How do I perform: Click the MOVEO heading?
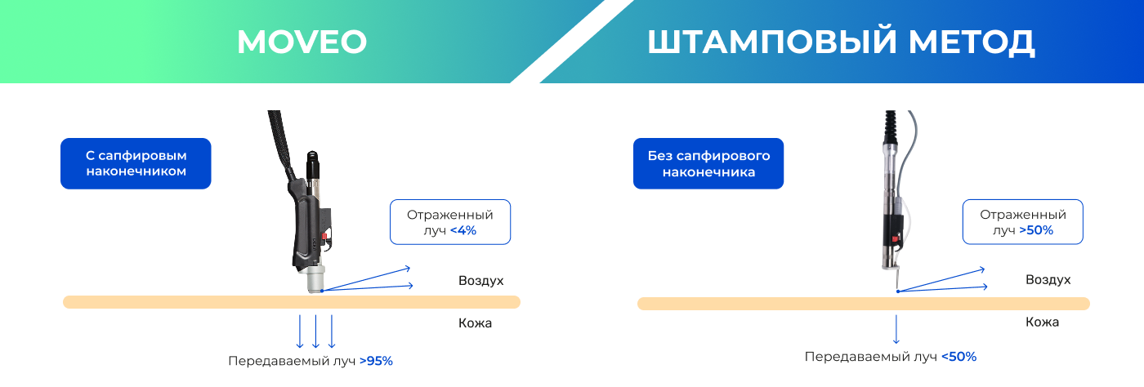click(302, 42)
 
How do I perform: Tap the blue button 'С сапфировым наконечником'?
click(136, 163)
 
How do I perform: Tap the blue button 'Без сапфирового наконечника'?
click(708, 163)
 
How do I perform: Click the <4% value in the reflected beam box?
click(463, 231)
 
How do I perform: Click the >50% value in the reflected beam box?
click(1036, 231)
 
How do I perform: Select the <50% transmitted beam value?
click(959, 357)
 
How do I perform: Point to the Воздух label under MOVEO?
click(480, 280)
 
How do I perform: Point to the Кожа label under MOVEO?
click(475, 323)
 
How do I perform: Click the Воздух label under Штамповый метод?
click(1048, 280)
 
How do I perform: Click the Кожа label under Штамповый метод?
click(1042, 322)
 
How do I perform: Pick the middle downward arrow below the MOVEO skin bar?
click(315, 331)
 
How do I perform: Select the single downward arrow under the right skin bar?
click(896, 329)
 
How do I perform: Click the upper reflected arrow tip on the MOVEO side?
click(406, 267)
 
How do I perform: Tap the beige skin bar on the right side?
click(863, 304)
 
